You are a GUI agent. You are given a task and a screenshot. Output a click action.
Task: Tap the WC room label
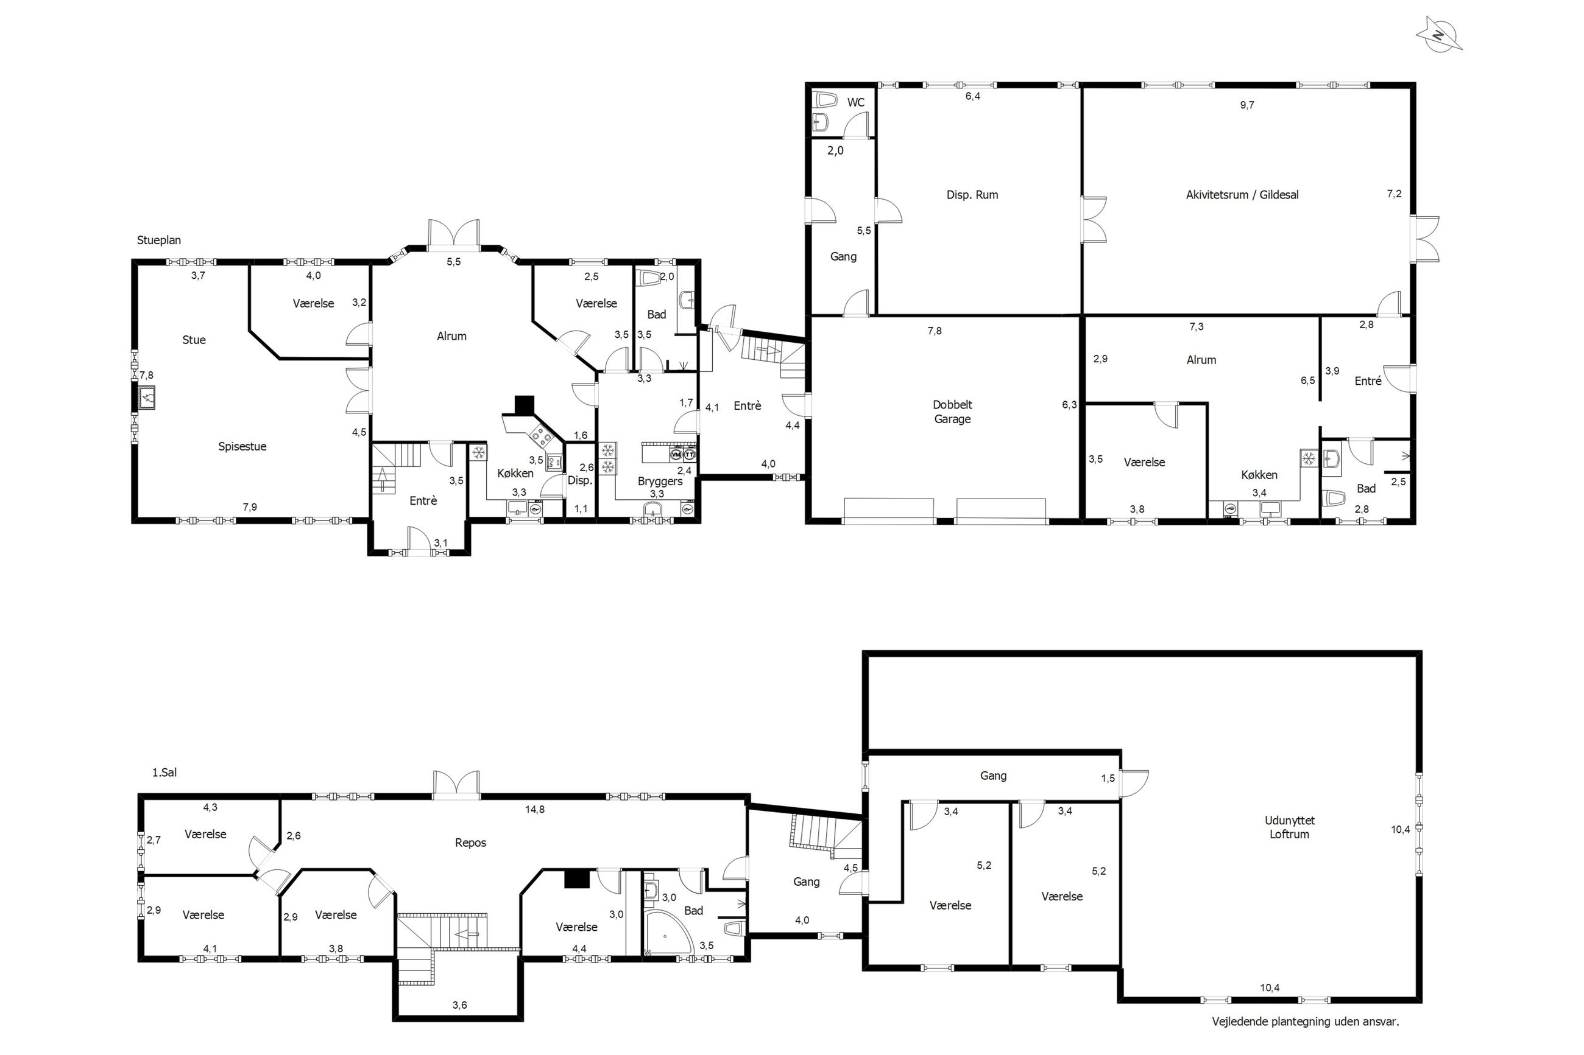[x=855, y=103]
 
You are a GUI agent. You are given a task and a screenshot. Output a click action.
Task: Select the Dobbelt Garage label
[x=952, y=412]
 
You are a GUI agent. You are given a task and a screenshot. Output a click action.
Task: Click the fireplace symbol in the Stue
[x=146, y=398]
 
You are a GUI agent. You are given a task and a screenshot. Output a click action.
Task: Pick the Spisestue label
[x=242, y=447]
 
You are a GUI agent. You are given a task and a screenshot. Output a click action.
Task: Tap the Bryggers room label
[x=660, y=482]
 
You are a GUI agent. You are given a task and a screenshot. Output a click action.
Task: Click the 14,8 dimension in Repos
[x=535, y=810]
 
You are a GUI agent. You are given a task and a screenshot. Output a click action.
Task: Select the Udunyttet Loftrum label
[x=1289, y=827]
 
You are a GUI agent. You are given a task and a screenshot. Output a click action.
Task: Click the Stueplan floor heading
[x=159, y=240]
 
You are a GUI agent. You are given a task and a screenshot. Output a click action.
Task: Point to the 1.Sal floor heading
[x=164, y=773]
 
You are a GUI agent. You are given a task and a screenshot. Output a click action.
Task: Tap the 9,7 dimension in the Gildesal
[x=1246, y=105]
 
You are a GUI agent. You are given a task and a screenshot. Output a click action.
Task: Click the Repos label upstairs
[x=470, y=843]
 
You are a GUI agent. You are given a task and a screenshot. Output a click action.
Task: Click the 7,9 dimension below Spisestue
[x=250, y=507]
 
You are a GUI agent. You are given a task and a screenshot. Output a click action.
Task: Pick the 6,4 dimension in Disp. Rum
[x=973, y=96]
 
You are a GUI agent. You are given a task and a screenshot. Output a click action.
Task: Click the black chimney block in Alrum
[x=524, y=404]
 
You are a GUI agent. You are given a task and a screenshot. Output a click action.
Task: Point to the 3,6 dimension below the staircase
[x=460, y=1005]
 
